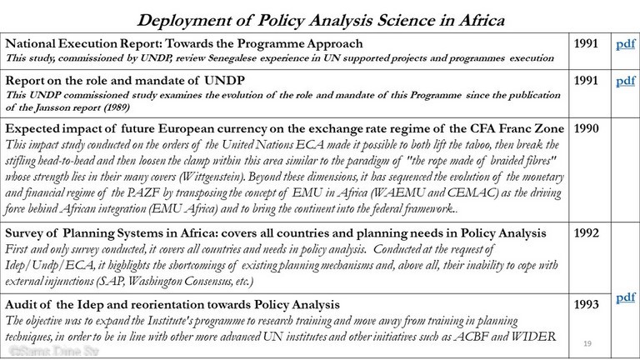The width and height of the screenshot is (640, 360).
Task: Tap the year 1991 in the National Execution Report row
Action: click(587, 42)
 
